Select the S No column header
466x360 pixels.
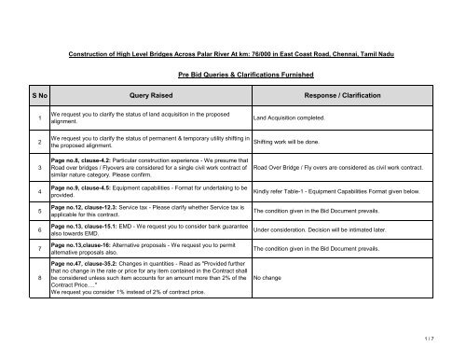point(30,94)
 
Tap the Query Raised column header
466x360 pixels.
point(144,94)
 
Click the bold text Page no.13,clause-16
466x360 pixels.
point(85,244)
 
